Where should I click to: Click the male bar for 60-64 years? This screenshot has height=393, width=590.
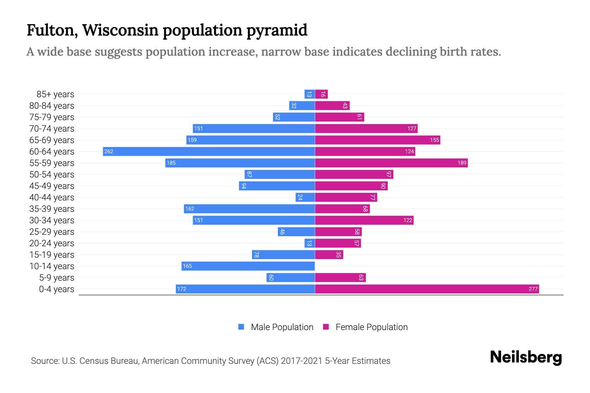[x=209, y=151]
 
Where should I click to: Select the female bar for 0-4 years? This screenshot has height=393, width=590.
[x=427, y=289]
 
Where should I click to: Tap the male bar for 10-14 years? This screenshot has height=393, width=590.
[x=248, y=266]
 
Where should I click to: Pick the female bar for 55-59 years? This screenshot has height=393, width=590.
[x=391, y=163]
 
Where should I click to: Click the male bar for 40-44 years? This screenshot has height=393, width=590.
[x=305, y=197]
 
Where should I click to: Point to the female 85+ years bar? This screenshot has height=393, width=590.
[x=321, y=94]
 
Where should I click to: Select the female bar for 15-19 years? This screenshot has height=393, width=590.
[x=329, y=254]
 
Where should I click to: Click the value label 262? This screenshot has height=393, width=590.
[x=109, y=151]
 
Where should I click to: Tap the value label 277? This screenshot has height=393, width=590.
[x=533, y=289]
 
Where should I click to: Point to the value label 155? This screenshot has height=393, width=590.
[x=434, y=140]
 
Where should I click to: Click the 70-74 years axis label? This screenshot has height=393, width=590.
[x=52, y=129]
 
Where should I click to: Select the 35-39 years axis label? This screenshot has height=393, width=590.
[x=52, y=209]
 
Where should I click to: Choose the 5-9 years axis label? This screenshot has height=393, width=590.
[x=57, y=278]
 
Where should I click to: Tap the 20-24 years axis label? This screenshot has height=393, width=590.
[x=52, y=243]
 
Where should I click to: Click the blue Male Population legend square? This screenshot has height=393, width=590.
[x=241, y=327]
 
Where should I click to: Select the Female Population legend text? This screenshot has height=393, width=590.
[x=371, y=327]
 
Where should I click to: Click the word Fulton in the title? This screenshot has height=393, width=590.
[x=52, y=30]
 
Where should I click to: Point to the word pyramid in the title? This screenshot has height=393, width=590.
[x=277, y=30]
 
